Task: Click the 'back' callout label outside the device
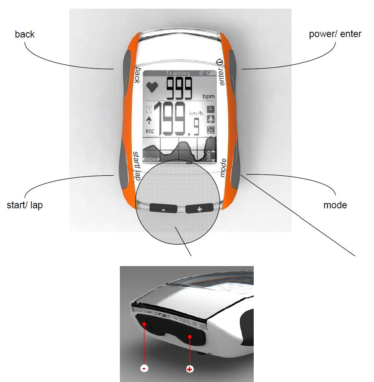(x=25, y=34)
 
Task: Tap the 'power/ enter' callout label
(x=335, y=34)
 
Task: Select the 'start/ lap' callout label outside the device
(x=25, y=205)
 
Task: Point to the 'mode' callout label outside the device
(x=335, y=205)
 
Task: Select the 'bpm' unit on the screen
(x=209, y=96)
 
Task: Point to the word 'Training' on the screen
(x=178, y=73)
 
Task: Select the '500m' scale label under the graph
(x=150, y=160)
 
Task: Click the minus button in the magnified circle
(x=164, y=209)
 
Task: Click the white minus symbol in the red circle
(x=144, y=368)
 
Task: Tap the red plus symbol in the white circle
(x=189, y=368)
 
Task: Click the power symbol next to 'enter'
(x=219, y=62)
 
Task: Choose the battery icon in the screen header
(x=210, y=73)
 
